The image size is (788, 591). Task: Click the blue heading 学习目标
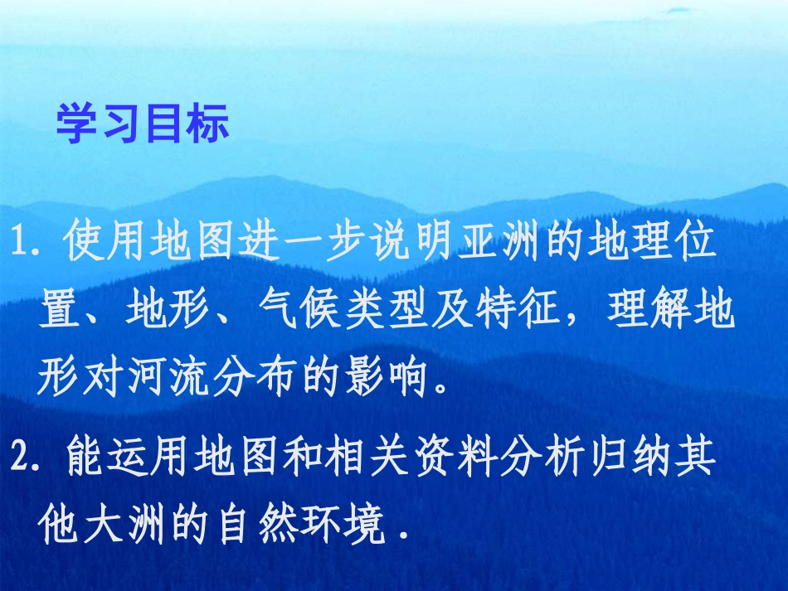pyautogui.click(x=142, y=125)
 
